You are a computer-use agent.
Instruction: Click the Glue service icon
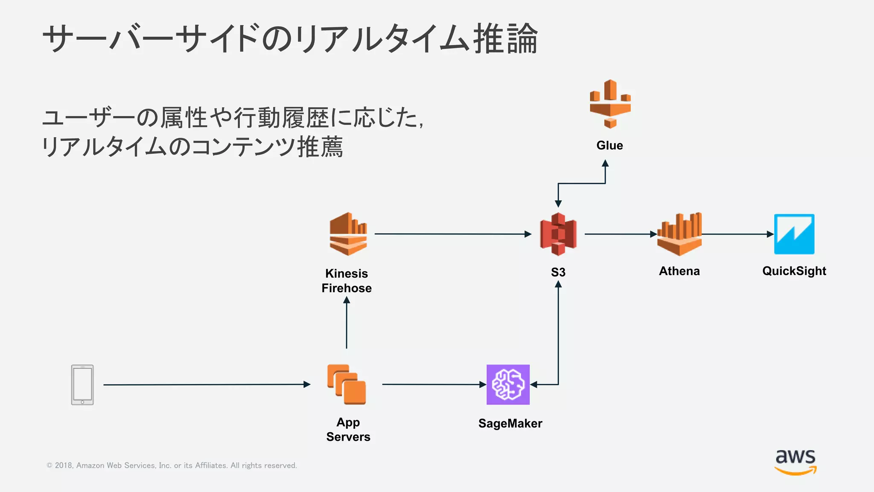click(610, 104)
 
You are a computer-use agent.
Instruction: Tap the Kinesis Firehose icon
click(348, 234)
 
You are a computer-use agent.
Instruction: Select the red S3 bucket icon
click(558, 234)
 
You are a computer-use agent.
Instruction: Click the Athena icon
click(679, 234)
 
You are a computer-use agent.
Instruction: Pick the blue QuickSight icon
click(794, 234)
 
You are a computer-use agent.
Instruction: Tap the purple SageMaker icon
click(508, 384)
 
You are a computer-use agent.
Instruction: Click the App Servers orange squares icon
click(347, 384)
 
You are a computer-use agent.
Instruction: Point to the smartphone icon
click(82, 384)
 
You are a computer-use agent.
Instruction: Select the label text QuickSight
click(794, 271)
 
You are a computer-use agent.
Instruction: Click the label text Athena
click(679, 271)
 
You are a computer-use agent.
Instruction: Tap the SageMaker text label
click(510, 423)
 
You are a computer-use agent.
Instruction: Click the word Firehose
click(347, 288)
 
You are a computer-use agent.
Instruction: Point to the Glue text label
click(609, 146)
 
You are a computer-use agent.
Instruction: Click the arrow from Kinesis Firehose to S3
click(452, 234)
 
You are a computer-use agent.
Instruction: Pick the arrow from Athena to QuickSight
click(737, 234)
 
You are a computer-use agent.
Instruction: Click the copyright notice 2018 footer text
click(172, 466)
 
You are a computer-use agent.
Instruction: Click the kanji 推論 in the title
click(506, 39)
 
